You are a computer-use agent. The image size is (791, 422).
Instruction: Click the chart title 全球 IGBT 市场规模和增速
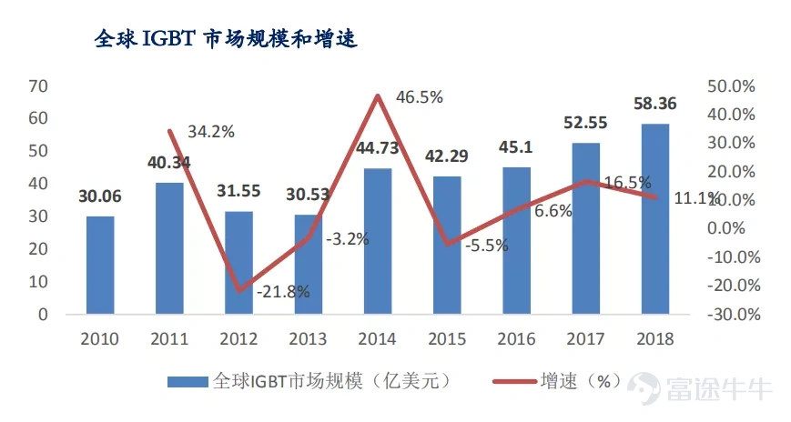[x=228, y=40]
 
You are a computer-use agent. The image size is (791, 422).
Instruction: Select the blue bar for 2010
[x=100, y=265]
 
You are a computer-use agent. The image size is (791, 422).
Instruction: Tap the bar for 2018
[x=655, y=218]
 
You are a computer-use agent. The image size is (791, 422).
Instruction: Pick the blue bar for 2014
[x=378, y=241]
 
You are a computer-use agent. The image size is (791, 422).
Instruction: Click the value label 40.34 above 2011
[x=169, y=164]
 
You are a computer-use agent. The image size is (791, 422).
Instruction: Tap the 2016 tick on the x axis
[x=516, y=339]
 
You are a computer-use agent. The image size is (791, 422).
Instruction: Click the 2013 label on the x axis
[x=309, y=339]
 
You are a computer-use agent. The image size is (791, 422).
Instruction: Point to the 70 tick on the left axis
[x=37, y=86]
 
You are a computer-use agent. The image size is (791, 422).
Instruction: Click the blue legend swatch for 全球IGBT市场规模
[x=188, y=381]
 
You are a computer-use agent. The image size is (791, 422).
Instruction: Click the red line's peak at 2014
[x=378, y=95]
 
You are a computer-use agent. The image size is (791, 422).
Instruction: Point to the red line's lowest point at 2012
[x=239, y=291]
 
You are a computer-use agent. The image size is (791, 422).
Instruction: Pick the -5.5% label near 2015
[x=486, y=246]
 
